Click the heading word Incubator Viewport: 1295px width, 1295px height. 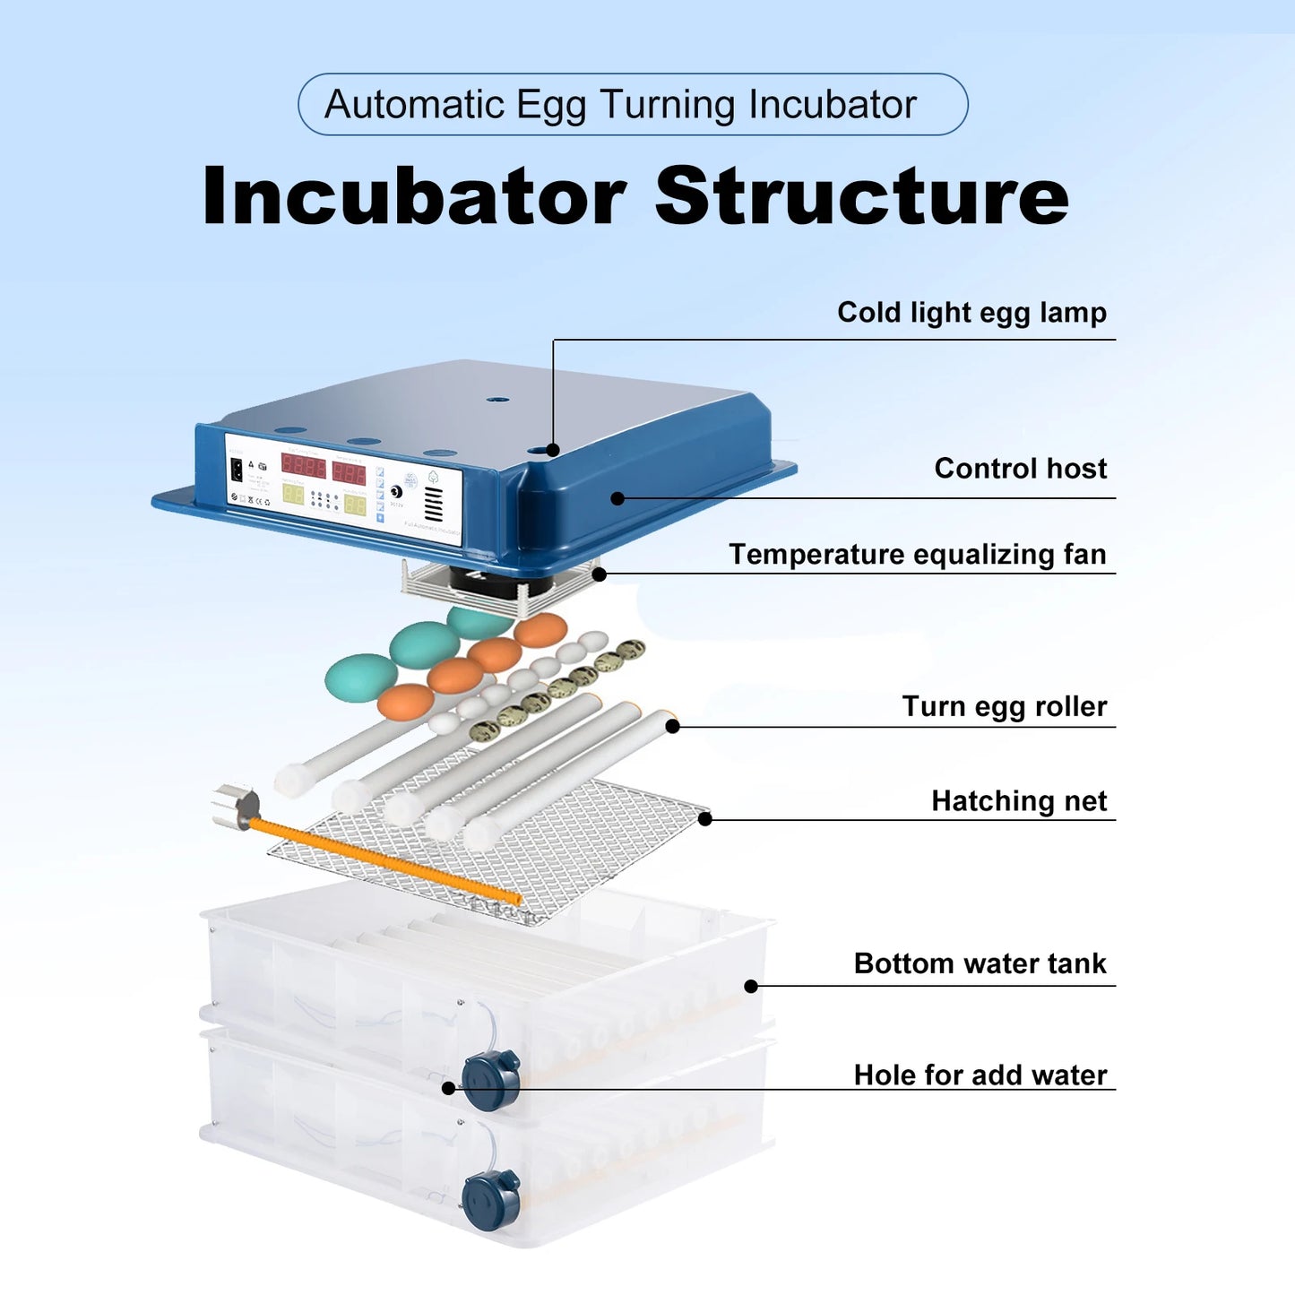pyautogui.click(x=414, y=196)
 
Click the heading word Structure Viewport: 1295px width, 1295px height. pyautogui.click(x=861, y=196)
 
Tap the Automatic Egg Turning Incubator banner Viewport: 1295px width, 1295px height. pyautogui.click(x=632, y=105)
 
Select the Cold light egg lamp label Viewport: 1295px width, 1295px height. pyautogui.click(x=971, y=313)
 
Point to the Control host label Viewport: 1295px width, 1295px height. pyautogui.click(x=1020, y=469)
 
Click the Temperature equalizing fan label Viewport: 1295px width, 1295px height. pyautogui.click(x=917, y=555)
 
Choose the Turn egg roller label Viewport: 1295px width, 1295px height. pyautogui.click(x=1004, y=707)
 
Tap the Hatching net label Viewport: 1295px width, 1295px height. pyautogui.click(x=1019, y=801)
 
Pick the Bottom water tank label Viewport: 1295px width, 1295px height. pyautogui.click(x=980, y=964)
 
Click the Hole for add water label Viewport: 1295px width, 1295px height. pyautogui.click(x=980, y=1075)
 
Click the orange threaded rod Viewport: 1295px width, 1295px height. pyautogui.click(x=385, y=860)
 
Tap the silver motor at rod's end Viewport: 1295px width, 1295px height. pyautogui.click(x=236, y=806)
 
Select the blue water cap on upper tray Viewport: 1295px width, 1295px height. pyautogui.click(x=491, y=1079)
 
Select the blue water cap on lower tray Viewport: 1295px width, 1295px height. pyautogui.click(x=491, y=1198)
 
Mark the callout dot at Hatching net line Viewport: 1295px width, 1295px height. pyautogui.click(x=705, y=818)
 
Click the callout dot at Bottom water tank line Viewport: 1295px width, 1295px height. pyautogui.click(x=751, y=986)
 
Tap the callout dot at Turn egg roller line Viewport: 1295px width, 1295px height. pyautogui.click(x=672, y=726)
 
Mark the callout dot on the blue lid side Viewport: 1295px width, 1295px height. pyautogui.click(x=617, y=498)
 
